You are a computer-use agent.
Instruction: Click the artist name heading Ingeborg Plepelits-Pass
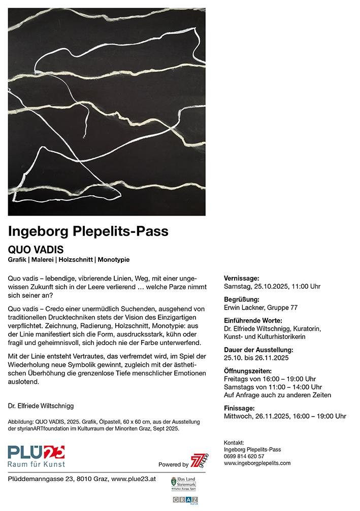[x=88, y=231]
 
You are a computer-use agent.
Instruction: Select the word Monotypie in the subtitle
[x=114, y=260]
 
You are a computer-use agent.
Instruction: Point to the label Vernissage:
[x=242, y=279]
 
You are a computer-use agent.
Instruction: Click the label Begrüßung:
[x=242, y=299]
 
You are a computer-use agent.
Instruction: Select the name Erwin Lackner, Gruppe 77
[x=260, y=308]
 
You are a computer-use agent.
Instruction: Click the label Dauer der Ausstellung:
[x=258, y=350]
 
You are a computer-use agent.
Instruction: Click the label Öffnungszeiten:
[x=248, y=371]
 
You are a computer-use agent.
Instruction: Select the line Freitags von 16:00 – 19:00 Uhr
[x=270, y=379]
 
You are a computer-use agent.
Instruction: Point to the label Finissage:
[x=240, y=408]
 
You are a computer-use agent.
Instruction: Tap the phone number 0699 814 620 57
[x=244, y=456]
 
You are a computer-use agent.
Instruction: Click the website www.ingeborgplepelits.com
[x=257, y=463]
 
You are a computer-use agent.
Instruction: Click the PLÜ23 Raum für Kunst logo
[x=36, y=455]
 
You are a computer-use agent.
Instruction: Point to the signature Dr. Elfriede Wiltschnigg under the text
[x=41, y=406]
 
